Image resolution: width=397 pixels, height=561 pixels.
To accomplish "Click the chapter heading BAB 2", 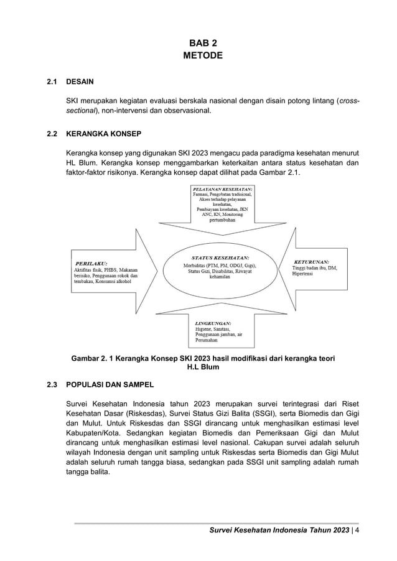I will [202, 43].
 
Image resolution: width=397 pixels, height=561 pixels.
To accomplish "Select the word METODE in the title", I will [202, 55].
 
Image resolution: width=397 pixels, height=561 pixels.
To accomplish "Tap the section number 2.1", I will [52, 81].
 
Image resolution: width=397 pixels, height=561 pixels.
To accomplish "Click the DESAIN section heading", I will [80, 81].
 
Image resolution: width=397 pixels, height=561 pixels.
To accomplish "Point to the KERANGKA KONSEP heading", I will [103, 134].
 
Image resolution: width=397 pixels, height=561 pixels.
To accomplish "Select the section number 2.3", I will [52, 384].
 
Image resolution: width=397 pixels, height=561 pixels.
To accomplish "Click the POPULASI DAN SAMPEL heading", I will [110, 384].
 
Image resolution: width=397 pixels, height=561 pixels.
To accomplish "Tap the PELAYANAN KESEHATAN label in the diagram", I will [222, 188].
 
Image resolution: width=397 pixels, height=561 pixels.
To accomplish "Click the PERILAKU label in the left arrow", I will [91, 263].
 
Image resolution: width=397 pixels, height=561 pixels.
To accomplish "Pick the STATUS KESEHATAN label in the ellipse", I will [220, 257].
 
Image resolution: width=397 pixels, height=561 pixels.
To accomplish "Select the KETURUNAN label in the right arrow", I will [311, 261].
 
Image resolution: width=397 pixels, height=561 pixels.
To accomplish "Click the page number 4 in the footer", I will [357, 530].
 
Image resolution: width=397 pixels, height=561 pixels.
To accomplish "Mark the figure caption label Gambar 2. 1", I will [97, 358].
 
